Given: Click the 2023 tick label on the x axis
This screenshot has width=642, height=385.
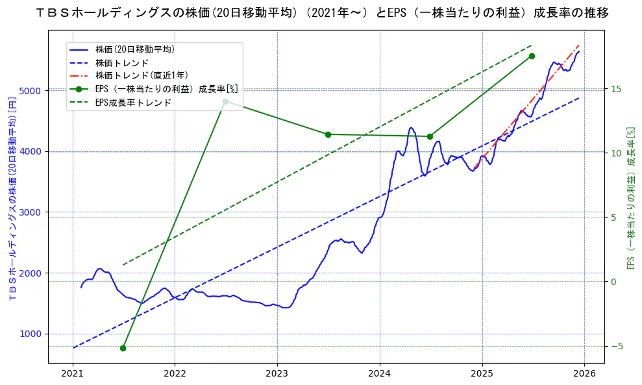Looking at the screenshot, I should [x=277, y=373].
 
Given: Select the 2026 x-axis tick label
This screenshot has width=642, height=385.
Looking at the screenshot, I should [x=584, y=373].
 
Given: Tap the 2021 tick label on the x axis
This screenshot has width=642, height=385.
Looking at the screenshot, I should [x=73, y=373].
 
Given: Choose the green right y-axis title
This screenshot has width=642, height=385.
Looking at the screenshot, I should [x=630, y=197].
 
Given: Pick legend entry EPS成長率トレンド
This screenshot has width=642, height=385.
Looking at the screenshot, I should [x=133, y=103].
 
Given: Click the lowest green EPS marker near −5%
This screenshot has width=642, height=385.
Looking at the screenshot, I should [x=123, y=348].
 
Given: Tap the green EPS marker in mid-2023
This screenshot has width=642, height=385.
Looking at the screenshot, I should [x=328, y=134].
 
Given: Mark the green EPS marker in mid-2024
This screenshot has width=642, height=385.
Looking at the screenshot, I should [x=430, y=136].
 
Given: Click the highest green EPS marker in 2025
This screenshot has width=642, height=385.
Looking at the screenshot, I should [x=532, y=56].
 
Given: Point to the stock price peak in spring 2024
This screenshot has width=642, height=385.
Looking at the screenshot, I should [x=411, y=128].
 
